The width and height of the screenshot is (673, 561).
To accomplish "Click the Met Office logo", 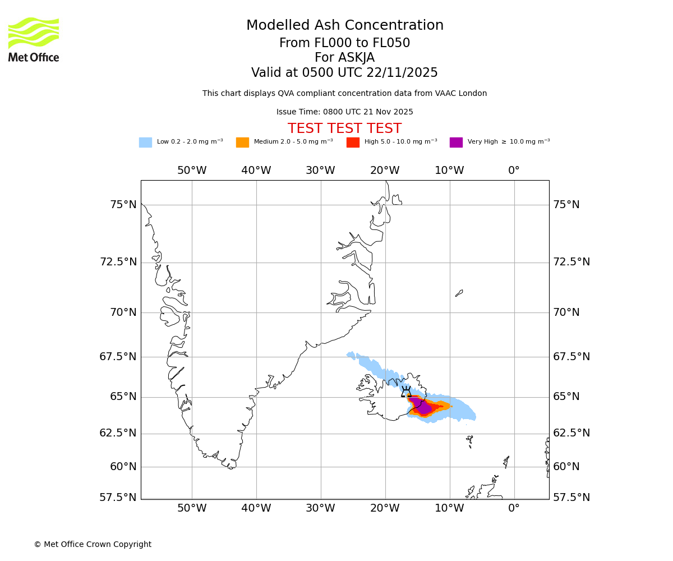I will pos(34,39).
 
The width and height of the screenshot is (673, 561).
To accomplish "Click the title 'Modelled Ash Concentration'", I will pos(345,26).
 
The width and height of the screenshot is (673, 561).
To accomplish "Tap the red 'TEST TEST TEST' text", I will pos(344,128).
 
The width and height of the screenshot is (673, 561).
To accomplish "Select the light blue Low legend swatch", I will pos(145,142).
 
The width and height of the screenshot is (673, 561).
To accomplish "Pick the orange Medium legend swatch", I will pos(242,142).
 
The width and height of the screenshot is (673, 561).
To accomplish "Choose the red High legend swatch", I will pos(353,142).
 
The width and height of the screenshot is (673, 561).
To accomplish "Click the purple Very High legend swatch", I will pos(456,142).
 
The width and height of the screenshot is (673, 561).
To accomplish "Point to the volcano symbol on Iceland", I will pos(406,392).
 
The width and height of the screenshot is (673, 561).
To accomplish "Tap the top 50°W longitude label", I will pos(192,171).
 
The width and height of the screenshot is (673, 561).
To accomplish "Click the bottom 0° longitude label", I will pos(514,508).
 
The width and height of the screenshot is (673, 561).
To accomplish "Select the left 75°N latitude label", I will pos(123,205).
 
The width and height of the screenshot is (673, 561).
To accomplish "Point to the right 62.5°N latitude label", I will pos(571,433).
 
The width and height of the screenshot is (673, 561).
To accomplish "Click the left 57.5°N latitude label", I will pos(118,498).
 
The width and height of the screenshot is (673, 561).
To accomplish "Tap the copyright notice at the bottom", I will pos(93,545).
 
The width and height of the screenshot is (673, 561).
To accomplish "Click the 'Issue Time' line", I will pos(344,112).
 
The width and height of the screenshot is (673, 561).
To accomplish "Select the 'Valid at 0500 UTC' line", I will pos(344,73).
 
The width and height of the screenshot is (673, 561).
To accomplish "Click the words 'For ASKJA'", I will pos(344,58).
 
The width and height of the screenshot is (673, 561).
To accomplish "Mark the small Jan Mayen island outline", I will pos(459,293).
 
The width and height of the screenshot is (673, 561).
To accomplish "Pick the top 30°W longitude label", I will pos(320,171).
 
